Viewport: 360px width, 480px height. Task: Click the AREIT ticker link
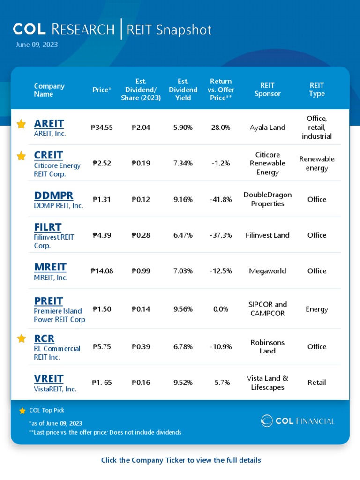tap(49, 124)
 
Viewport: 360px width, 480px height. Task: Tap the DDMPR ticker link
tap(53, 195)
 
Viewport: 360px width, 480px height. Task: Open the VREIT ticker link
tap(49, 379)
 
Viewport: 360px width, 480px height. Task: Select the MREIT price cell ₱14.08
tap(102, 271)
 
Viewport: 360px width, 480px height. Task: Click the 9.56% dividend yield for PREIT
tap(183, 309)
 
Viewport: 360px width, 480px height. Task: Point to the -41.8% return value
tap(220, 199)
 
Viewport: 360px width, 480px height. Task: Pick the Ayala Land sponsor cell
tap(267, 127)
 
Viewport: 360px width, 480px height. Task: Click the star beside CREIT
tap(21, 156)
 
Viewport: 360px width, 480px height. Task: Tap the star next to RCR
tap(21, 338)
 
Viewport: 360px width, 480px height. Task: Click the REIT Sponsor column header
tap(267, 90)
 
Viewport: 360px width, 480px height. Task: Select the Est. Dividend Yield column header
tap(183, 90)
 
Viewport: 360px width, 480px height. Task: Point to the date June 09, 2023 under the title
tap(37, 45)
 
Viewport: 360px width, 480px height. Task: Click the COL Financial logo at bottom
tap(298, 421)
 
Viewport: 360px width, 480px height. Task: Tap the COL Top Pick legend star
tap(22, 411)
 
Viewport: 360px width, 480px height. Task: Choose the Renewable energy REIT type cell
tap(316, 163)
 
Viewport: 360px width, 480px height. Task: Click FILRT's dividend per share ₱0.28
tap(141, 235)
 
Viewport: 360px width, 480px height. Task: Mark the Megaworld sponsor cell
tap(267, 271)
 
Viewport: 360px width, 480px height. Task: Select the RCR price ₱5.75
tap(102, 347)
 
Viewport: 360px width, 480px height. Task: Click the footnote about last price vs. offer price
tap(105, 432)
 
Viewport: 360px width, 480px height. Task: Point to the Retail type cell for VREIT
tap(316, 382)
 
